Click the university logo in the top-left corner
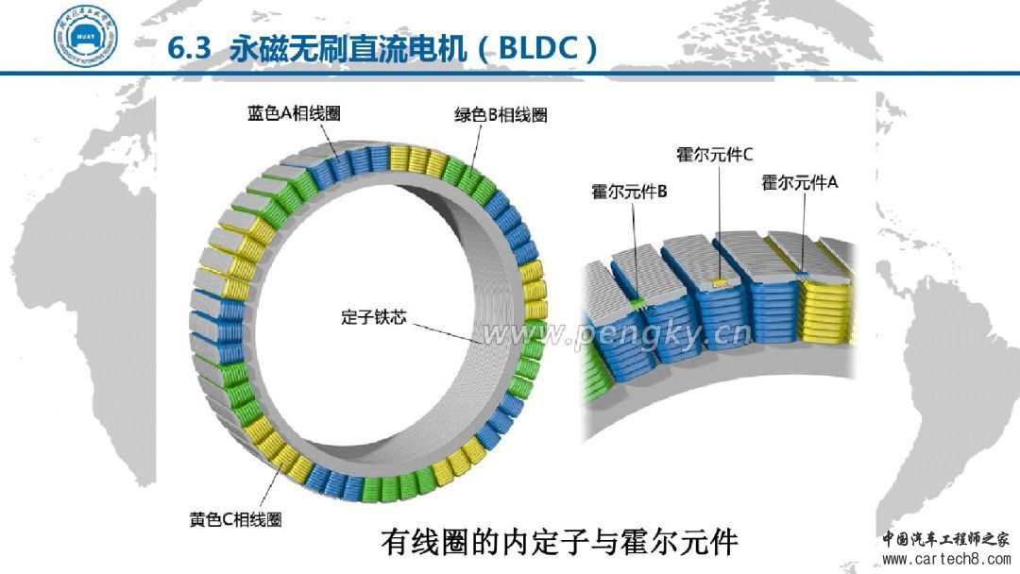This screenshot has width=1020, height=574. pyautogui.click(x=86, y=36)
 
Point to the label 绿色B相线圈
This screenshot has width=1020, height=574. pyautogui.click(x=501, y=115)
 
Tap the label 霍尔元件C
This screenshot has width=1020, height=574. pyautogui.click(x=714, y=153)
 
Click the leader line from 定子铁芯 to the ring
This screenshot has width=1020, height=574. pyautogui.click(x=444, y=329)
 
